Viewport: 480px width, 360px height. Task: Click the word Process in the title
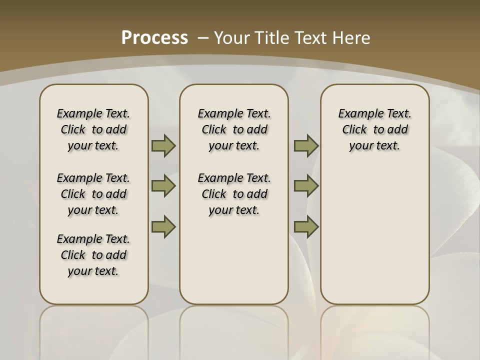coord(154,37)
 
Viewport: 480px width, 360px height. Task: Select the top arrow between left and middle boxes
coord(163,146)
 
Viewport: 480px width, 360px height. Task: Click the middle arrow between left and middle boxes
coord(163,186)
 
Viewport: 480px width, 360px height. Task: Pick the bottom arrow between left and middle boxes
coord(163,226)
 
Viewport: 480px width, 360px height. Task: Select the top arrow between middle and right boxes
coord(306,146)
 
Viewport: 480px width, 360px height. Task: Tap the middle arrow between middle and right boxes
coord(306,186)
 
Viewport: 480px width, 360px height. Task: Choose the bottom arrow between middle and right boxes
coord(306,226)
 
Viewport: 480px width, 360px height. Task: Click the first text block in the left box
coord(93,129)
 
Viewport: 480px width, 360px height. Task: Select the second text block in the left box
coord(93,194)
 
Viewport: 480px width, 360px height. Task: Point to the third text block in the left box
coord(93,255)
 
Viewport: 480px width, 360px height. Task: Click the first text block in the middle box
coord(234,129)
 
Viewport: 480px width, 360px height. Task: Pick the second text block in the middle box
coord(234,194)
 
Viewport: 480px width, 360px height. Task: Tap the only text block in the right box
coord(374,129)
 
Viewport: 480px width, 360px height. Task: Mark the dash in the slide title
coord(203,37)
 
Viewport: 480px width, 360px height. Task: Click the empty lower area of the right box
coord(374,235)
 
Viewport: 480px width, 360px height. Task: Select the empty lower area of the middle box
coord(234,265)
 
